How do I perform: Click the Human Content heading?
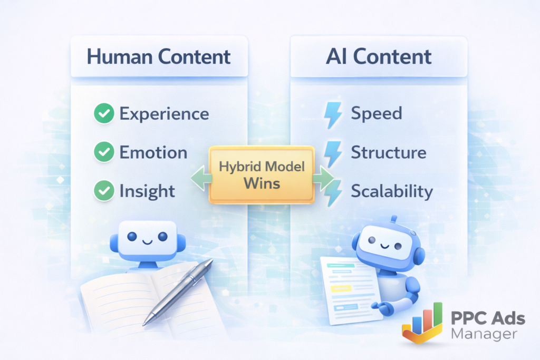click(158, 56)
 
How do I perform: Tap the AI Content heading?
click(379, 56)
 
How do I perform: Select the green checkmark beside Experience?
click(104, 113)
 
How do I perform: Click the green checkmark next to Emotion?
click(104, 152)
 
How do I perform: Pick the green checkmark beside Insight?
click(104, 190)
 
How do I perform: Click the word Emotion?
click(153, 152)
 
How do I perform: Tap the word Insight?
click(147, 191)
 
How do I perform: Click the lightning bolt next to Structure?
click(333, 153)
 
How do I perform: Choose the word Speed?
click(377, 113)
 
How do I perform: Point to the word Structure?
click(389, 152)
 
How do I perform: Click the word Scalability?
click(392, 191)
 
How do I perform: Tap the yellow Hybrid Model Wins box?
click(262, 175)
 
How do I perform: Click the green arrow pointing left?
click(201, 178)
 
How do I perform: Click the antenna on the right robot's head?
click(394, 220)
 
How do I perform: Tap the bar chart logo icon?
click(422, 323)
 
